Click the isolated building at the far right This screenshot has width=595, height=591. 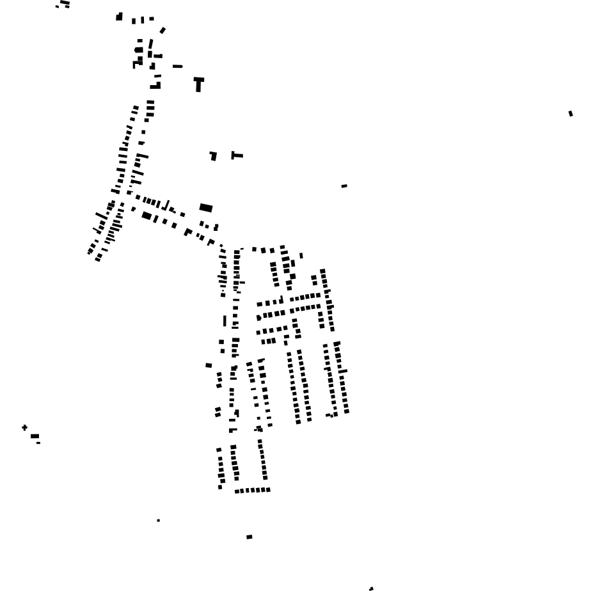571,114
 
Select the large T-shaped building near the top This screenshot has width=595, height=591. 198,83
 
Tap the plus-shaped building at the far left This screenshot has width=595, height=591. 25,427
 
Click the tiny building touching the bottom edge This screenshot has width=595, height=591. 371,588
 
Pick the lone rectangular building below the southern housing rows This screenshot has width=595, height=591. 250,537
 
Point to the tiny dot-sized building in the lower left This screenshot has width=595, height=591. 159,521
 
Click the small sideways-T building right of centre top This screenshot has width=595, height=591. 236,155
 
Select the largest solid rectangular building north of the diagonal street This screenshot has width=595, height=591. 206,208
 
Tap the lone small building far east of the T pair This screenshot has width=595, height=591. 344,186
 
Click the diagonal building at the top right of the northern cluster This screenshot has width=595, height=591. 163,30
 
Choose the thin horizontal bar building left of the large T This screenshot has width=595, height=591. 177,66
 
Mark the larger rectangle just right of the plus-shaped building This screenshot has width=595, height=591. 35,436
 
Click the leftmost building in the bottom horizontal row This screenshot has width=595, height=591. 236,491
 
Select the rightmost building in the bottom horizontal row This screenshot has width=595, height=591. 268,490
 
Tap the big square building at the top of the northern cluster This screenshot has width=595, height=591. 119,17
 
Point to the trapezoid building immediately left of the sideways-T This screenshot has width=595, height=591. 213,155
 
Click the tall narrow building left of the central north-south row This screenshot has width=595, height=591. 225,320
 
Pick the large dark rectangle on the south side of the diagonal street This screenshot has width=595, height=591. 147,216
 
